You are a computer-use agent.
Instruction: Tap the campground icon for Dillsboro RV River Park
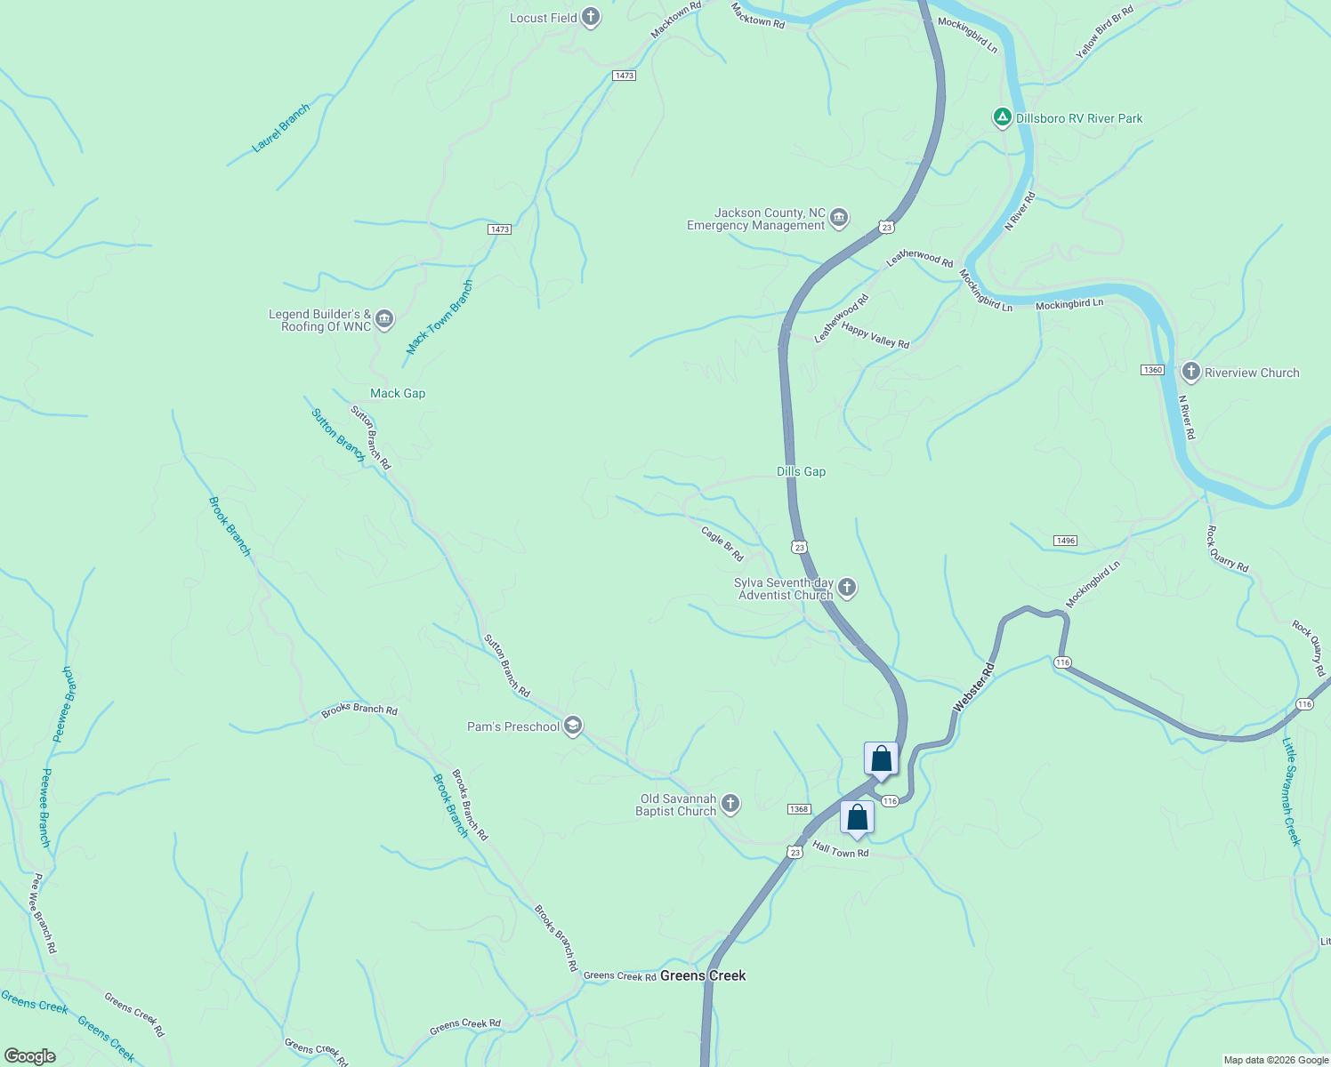click(1002, 117)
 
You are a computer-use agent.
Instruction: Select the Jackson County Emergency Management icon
click(839, 218)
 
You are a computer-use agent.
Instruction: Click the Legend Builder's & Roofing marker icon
click(384, 319)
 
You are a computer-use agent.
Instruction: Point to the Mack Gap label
click(398, 393)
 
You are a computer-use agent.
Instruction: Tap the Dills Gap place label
click(801, 471)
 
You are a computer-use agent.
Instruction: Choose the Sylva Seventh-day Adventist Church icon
click(847, 587)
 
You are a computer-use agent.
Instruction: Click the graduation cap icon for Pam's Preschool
click(574, 726)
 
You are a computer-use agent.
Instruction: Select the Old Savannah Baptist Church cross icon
click(730, 804)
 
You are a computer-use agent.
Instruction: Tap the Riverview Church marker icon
click(1190, 372)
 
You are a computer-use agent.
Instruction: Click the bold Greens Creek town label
click(703, 975)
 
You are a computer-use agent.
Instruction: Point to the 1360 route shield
click(1152, 370)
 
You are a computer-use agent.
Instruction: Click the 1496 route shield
click(1065, 541)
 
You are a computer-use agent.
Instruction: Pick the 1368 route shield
click(799, 809)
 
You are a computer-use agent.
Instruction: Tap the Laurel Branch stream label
click(281, 128)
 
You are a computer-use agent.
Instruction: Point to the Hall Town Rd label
click(840, 851)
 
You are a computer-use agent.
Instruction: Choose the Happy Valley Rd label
click(875, 335)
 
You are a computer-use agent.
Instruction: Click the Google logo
click(30, 1056)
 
